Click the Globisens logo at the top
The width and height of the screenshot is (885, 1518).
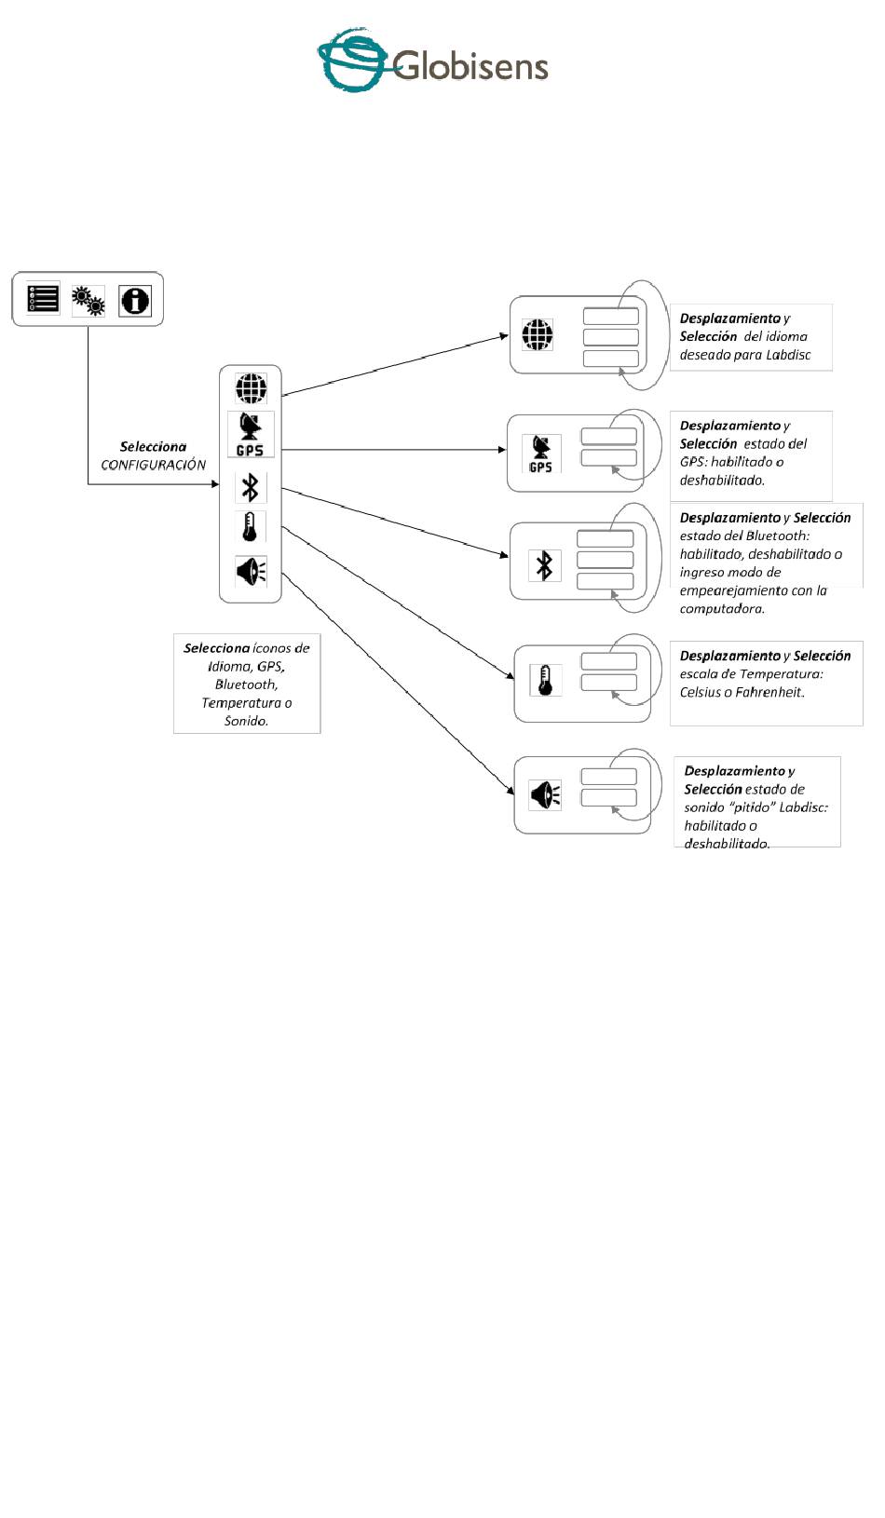pos(433,61)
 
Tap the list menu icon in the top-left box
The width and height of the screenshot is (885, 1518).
pos(43,299)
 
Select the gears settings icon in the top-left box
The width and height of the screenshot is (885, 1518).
pos(88,300)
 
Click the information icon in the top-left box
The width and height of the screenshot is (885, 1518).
pos(135,300)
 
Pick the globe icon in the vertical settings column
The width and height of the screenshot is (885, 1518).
pos(251,388)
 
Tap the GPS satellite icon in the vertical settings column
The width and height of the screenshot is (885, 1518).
pos(250,434)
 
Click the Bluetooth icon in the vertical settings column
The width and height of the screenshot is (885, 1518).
pos(250,487)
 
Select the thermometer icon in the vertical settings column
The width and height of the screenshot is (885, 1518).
pos(250,526)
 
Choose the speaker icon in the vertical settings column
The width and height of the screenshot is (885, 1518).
pos(251,571)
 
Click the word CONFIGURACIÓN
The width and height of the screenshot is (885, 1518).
pos(153,465)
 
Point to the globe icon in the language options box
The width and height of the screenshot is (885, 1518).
pos(538,334)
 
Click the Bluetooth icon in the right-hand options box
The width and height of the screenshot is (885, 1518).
pos(544,565)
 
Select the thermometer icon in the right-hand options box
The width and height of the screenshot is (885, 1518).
pos(545,681)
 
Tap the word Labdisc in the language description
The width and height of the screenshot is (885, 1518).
pos(788,355)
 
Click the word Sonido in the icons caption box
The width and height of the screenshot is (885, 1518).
pos(247,721)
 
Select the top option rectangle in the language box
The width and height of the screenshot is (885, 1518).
pos(610,316)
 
